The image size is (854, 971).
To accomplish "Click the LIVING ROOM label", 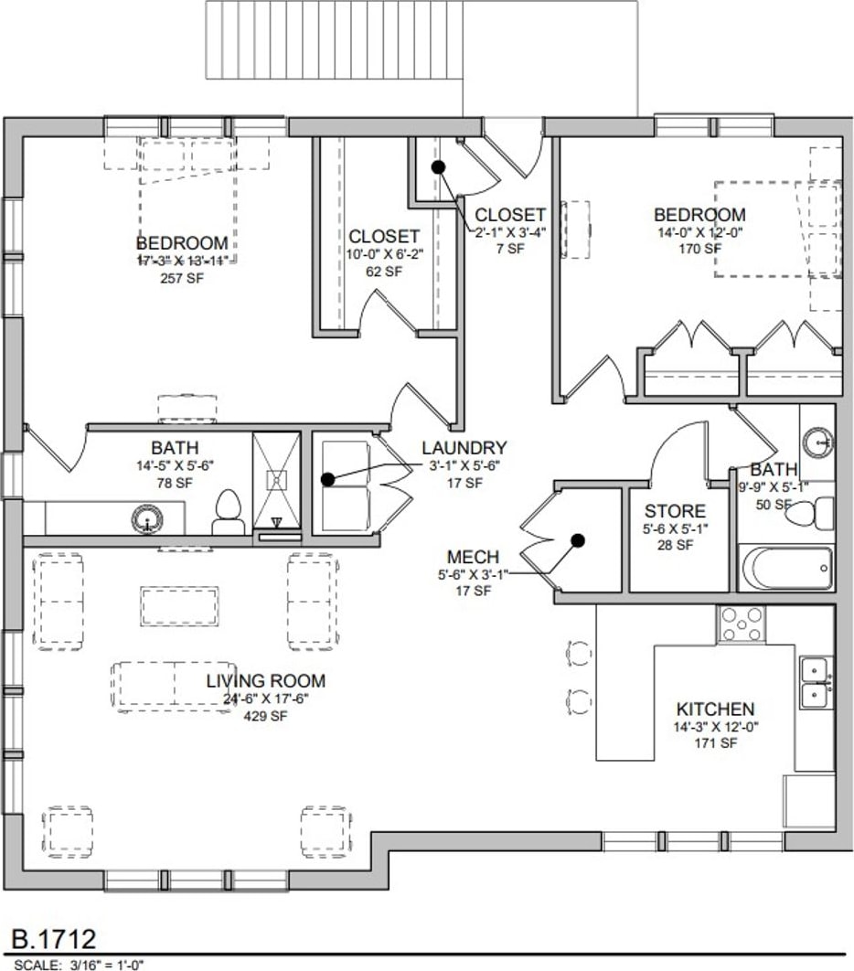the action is [x=265, y=681].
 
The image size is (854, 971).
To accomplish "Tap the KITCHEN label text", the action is [x=715, y=710].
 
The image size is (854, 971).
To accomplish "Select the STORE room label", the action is [x=675, y=511].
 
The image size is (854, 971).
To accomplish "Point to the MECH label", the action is [x=473, y=558].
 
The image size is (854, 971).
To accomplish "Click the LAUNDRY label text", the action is [x=464, y=448].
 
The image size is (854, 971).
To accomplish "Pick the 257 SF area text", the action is [x=181, y=278].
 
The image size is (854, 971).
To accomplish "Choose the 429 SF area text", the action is [x=265, y=717].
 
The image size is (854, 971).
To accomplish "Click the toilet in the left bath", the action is [x=227, y=513].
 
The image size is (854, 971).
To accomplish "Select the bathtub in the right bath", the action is [x=786, y=569].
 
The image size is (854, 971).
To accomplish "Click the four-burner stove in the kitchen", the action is [x=742, y=624].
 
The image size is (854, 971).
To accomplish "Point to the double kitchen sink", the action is [x=815, y=682].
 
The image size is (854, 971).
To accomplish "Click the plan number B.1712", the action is [x=53, y=939].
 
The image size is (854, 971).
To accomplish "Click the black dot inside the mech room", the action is [x=578, y=539].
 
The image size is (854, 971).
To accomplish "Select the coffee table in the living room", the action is [x=179, y=606].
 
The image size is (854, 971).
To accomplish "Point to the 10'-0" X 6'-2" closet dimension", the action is [x=384, y=255].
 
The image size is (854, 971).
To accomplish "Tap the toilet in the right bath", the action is [x=816, y=514].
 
